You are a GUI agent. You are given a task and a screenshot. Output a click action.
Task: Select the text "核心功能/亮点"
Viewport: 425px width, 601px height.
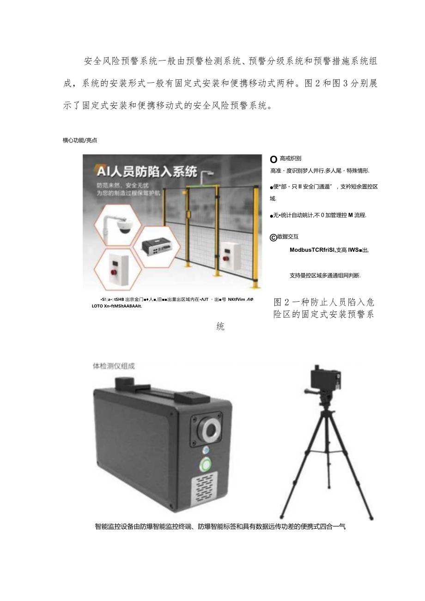80,140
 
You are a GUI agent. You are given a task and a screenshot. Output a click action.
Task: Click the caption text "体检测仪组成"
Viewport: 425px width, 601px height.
114,366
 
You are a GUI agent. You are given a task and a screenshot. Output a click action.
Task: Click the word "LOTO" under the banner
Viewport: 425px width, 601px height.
98,306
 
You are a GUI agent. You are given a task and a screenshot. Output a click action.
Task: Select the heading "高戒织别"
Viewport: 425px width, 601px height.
291,158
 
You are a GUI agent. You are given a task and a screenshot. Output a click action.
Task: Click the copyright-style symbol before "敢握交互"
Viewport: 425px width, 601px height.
273,237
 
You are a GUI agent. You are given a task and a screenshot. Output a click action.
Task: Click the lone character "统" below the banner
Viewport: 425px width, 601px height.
220,327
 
